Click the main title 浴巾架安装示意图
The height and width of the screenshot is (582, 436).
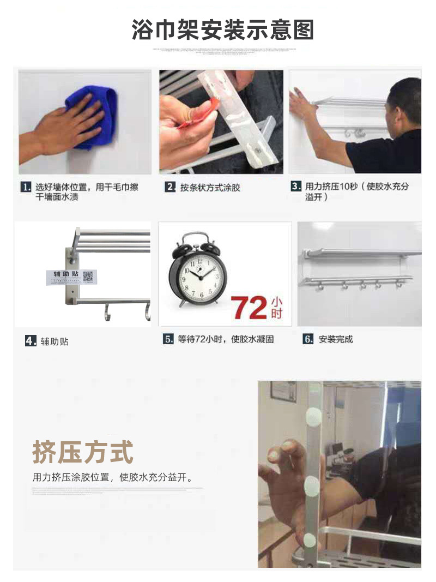pos(223,29)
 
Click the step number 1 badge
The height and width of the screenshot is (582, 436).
pos(26,187)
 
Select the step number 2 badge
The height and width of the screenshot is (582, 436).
pos(170,187)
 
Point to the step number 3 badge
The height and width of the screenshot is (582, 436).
pos(296,187)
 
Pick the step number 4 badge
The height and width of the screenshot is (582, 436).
pos(31,341)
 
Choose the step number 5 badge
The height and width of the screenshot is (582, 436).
pos(168,339)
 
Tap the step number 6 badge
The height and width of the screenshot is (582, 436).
pos(308,339)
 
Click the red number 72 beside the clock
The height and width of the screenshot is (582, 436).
pos(250,308)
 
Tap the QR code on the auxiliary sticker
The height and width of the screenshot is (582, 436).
pos(88,277)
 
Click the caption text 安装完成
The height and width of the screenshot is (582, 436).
pos(336,339)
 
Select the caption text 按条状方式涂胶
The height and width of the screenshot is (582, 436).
pos(210,188)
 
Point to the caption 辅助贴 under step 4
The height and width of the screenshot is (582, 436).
pos(55,342)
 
